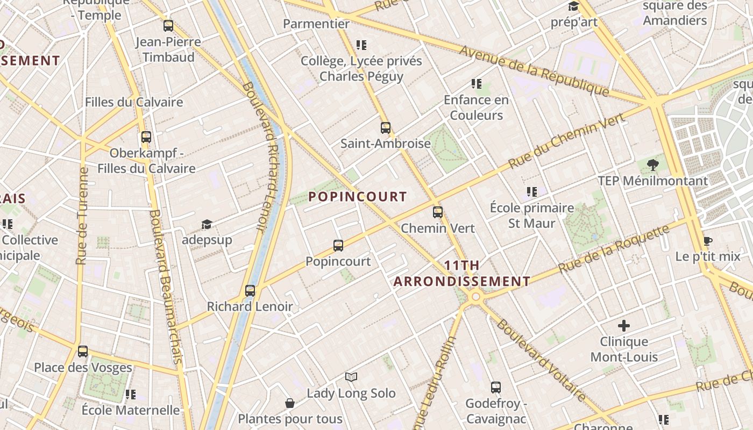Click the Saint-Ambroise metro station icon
[385, 128]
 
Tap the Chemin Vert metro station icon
[438, 212]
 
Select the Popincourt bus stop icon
[338, 246]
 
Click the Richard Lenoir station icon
[250, 291]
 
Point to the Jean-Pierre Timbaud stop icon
[168, 26]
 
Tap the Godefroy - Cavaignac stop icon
[496, 388]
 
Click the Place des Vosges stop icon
[83, 352]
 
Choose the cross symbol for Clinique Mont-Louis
[624, 326]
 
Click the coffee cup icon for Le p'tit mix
[707, 241]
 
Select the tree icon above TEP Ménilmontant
[653, 164]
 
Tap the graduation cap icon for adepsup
[207, 224]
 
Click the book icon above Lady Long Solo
[351, 377]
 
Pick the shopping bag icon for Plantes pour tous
[290, 403]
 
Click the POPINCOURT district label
[357, 197]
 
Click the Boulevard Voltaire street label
[541, 361]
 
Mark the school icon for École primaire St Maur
[532, 192]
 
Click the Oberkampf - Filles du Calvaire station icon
[146, 137]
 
